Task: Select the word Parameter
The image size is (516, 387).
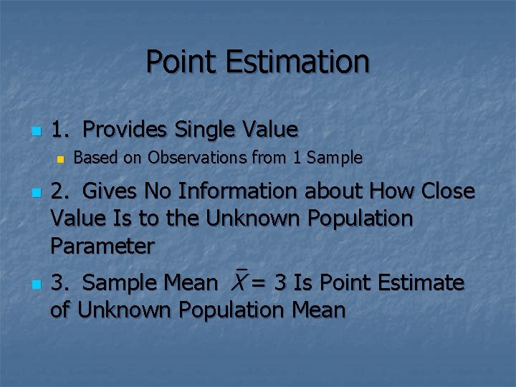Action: pos(102,247)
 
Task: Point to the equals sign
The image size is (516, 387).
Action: pos(259,284)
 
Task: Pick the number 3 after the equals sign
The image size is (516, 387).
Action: pos(280,284)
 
